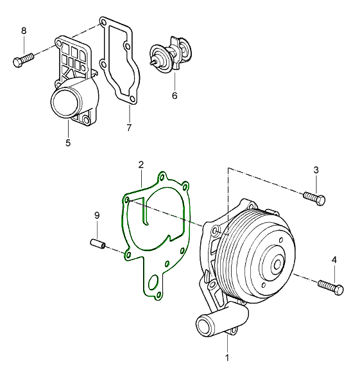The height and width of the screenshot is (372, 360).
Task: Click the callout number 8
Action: tap(24, 31)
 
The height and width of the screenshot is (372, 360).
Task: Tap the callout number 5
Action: tap(68, 143)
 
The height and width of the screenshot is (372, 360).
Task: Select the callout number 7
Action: tap(129, 128)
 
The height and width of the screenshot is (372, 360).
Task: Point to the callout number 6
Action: tap(175, 96)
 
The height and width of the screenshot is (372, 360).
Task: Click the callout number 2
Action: tap(141, 164)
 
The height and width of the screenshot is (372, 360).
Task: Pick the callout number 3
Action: tap(316, 170)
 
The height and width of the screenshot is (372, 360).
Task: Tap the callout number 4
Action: tap(334, 260)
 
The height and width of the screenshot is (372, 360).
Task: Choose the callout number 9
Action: tap(97, 215)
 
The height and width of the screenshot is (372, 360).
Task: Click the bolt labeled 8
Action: tap(23, 59)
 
